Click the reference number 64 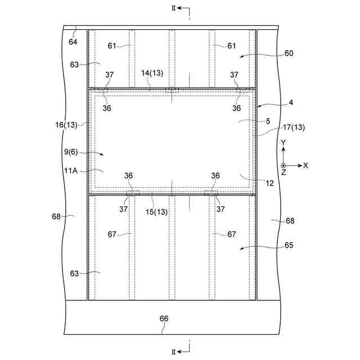pyautogui.click(x=73, y=42)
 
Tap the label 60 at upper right pyautogui.click(x=289, y=53)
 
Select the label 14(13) pyautogui.click(x=152, y=73)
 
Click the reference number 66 pyautogui.click(x=164, y=318)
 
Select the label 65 pyautogui.click(x=289, y=246)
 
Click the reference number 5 pyautogui.click(x=268, y=121)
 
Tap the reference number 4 pyautogui.click(x=291, y=102)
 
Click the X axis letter pyautogui.click(x=305, y=165)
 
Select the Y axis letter pyautogui.click(x=284, y=143)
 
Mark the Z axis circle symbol pyautogui.click(x=283, y=165)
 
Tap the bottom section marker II pyautogui.click(x=174, y=352)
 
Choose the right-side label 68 pyautogui.click(x=290, y=221)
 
